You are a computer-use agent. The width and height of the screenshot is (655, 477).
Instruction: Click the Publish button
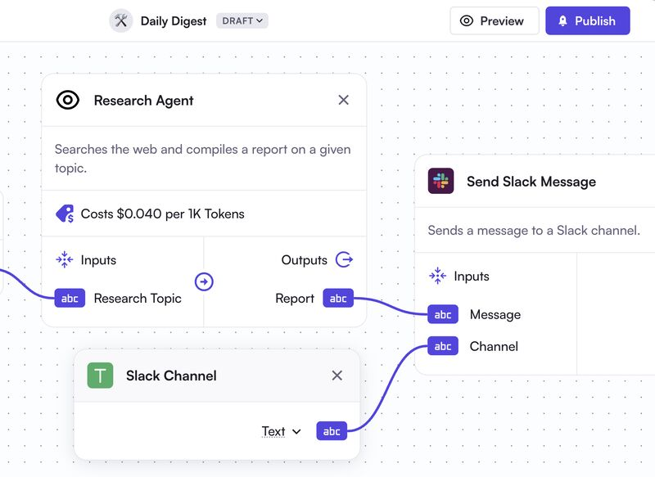coord(587,21)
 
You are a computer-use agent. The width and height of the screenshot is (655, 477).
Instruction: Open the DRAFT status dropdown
coord(242,21)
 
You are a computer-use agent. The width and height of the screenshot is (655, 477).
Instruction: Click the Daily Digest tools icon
coord(121,21)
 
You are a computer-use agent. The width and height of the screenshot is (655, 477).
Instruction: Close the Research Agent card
coord(343,100)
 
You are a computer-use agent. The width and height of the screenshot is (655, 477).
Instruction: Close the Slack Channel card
coord(337,376)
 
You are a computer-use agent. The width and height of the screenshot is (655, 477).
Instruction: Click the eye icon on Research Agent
coord(67,101)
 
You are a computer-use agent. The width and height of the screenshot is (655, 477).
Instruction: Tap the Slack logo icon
coord(440,181)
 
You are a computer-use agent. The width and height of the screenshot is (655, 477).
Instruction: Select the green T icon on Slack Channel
coord(100,376)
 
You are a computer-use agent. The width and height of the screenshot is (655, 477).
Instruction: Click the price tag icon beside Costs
coord(65,214)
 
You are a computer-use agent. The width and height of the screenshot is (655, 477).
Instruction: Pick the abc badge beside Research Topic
coord(70,299)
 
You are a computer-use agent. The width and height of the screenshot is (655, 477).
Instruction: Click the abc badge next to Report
coord(338,299)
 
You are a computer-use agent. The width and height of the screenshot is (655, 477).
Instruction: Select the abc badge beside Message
coord(443,314)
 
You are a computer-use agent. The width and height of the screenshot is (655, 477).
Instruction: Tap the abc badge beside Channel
coord(443,346)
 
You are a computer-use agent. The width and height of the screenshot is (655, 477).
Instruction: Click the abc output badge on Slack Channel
coord(332,431)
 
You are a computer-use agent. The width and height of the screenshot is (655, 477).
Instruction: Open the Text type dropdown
coord(281,431)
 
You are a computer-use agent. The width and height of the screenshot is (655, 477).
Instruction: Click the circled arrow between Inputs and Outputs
coord(204,282)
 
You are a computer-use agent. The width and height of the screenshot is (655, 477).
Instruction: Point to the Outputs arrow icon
coord(345,260)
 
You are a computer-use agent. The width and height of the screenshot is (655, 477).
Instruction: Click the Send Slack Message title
coord(531,182)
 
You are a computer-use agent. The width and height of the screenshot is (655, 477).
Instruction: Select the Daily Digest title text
coord(174,21)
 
